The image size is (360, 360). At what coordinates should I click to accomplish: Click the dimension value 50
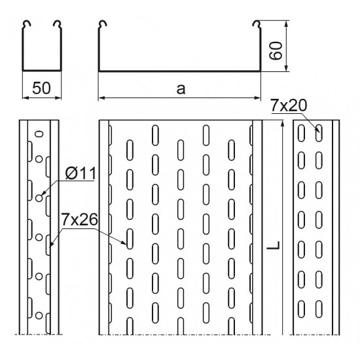[41, 88]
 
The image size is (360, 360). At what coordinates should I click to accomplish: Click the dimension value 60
[276, 51]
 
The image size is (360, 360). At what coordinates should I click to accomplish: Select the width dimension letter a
[181, 89]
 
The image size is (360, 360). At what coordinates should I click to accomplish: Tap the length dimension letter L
[274, 245]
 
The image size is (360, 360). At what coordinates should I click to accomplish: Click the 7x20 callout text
[289, 105]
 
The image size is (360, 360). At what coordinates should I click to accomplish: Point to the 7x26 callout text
[79, 219]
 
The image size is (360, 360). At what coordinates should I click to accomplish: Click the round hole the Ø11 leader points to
[39, 198]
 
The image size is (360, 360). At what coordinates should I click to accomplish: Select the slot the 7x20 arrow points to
[319, 133]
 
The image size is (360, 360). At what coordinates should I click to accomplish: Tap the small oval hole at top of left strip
[39, 134]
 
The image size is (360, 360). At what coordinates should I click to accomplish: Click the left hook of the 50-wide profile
[26, 25]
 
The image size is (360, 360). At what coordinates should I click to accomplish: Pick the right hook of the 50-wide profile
[58, 25]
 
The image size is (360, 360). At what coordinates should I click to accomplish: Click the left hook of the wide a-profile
[102, 25]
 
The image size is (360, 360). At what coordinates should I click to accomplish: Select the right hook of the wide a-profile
[257, 25]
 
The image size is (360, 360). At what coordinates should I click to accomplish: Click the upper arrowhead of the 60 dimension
[286, 24]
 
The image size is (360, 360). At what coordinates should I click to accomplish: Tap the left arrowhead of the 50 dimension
[26, 98]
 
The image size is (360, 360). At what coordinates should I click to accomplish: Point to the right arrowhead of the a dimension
[258, 98]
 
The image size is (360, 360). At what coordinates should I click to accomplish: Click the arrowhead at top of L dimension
[283, 123]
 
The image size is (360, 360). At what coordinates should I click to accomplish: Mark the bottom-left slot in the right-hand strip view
[301, 309]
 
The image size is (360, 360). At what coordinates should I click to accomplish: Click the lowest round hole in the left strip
[39, 315]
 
